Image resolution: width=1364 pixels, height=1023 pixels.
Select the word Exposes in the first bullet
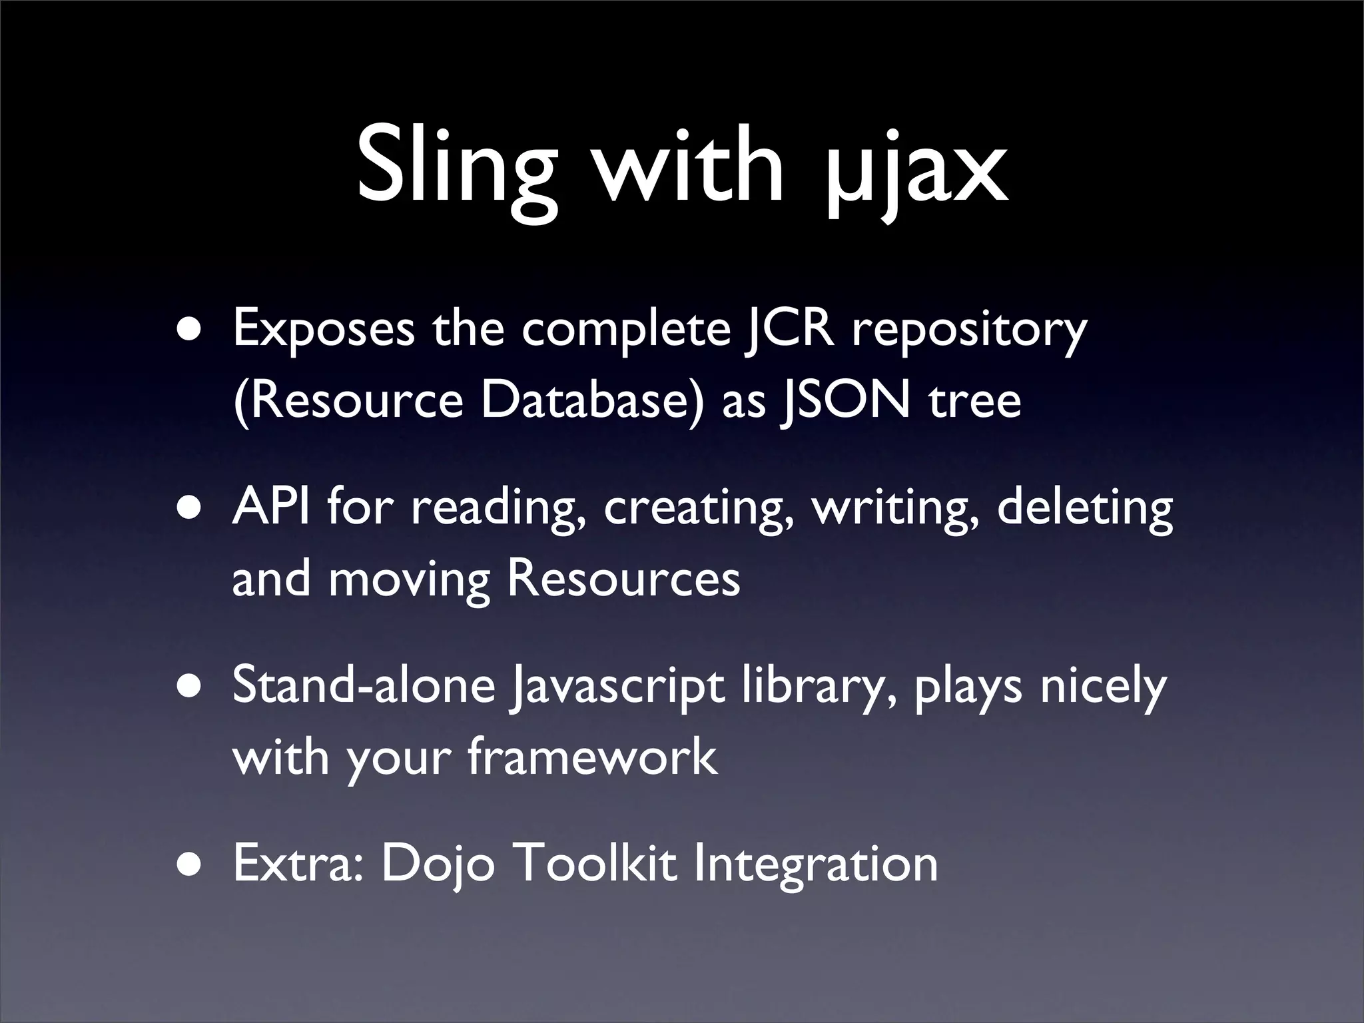(322, 330)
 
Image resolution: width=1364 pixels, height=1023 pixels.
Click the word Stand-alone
(364, 685)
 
